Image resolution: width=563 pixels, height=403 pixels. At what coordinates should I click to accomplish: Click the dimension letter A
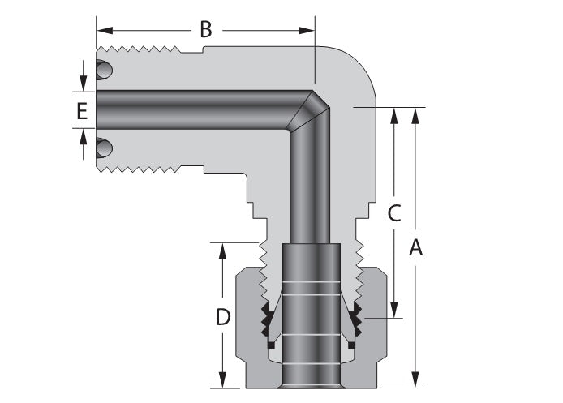(415, 248)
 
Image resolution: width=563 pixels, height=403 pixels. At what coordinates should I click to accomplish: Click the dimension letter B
(206, 31)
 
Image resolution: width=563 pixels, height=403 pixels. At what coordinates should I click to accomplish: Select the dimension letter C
(393, 214)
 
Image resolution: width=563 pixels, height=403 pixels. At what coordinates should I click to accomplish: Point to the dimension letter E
(82, 112)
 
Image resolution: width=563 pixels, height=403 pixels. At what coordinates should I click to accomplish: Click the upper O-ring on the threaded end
(104, 71)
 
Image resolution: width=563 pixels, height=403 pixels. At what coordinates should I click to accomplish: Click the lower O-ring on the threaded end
(104, 148)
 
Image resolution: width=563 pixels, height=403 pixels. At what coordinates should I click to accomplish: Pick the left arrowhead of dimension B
(101, 31)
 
